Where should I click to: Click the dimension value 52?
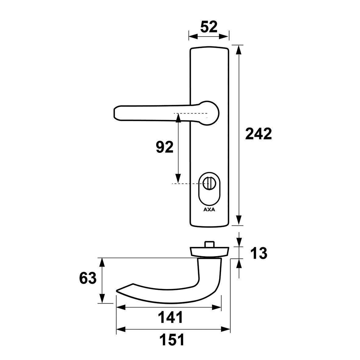click(209, 27)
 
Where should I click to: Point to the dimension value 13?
click(259, 253)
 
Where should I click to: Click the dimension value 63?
click(88, 278)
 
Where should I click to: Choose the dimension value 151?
click(172, 340)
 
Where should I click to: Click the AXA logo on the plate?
click(209, 210)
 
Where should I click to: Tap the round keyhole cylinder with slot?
click(208, 184)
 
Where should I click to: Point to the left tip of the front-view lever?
click(114, 113)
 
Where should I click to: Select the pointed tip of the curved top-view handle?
click(117, 291)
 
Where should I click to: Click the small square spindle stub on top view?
click(209, 244)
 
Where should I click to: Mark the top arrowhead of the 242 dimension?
click(239, 50)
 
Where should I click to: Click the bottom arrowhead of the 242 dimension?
click(239, 220)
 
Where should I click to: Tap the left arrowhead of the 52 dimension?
click(193, 36)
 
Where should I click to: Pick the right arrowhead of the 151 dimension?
click(226, 330)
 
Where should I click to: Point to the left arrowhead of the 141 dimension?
click(121, 307)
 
